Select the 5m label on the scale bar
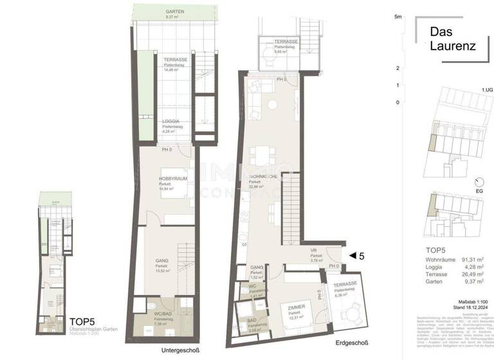pyautogui.click(x=398, y=17)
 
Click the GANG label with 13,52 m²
pyautogui.click(x=161, y=262)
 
